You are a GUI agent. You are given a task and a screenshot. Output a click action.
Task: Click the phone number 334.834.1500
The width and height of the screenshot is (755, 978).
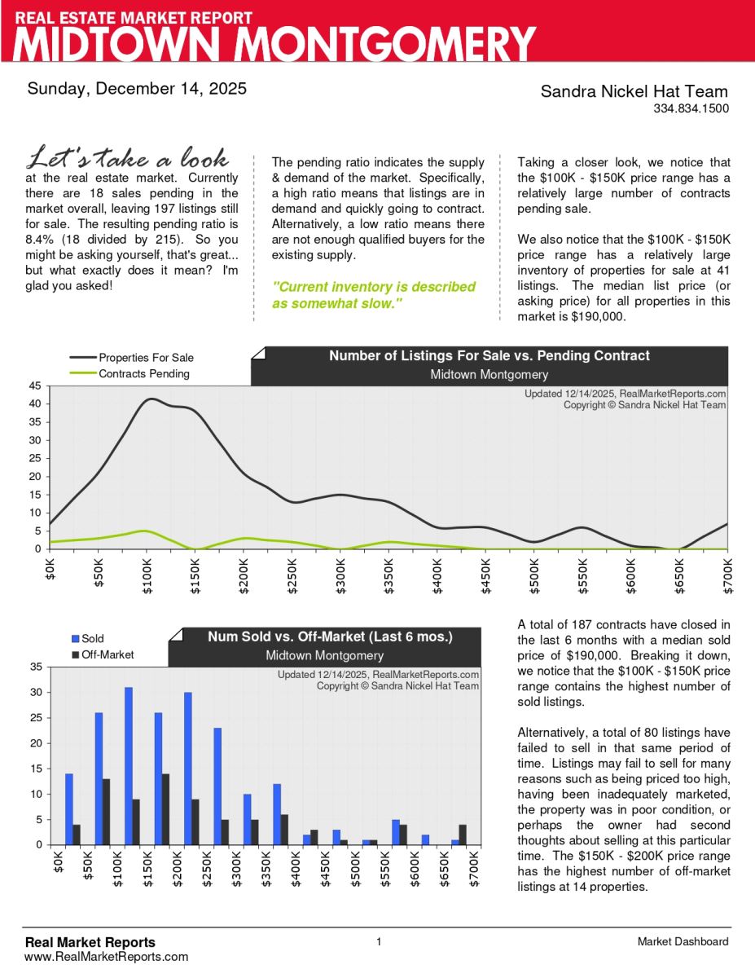tap(691, 108)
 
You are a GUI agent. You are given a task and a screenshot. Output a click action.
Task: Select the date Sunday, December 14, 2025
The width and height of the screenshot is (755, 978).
tap(137, 89)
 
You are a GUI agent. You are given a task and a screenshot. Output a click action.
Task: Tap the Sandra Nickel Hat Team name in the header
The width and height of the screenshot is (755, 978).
tap(634, 91)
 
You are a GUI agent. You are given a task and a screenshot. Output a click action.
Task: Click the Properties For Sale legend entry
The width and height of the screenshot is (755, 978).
tap(146, 357)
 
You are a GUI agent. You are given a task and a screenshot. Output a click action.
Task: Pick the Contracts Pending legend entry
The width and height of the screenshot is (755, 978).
tap(143, 373)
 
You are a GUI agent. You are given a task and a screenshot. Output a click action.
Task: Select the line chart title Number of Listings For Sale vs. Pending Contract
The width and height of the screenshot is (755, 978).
tap(489, 355)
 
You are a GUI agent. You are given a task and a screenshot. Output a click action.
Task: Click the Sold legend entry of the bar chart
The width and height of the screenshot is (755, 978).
tap(92, 639)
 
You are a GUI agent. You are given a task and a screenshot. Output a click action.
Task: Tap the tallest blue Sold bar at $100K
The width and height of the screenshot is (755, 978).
tap(129, 766)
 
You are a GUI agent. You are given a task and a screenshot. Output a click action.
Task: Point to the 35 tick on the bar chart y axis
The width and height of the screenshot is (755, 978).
tap(36, 667)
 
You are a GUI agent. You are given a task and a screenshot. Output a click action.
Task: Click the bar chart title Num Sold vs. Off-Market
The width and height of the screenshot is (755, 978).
tap(330, 637)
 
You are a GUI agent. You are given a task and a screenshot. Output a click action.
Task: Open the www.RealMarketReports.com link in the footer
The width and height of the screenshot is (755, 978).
tap(106, 956)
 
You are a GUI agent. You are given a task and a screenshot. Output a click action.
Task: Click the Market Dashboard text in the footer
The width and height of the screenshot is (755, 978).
tap(683, 942)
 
